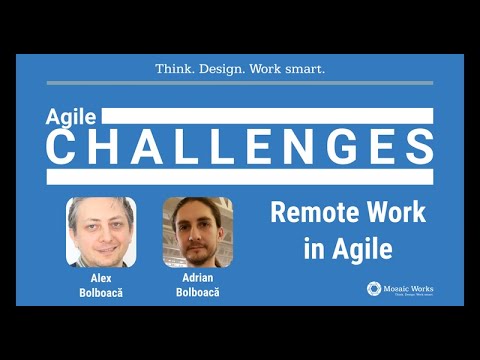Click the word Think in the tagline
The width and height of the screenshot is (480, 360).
(x=176, y=69)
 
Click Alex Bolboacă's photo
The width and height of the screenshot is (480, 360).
(x=101, y=232)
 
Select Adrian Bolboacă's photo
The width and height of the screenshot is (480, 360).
(x=197, y=232)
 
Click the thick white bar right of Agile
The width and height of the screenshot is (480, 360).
(x=270, y=116)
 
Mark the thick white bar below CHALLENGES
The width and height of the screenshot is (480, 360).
(x=240, y=177)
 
